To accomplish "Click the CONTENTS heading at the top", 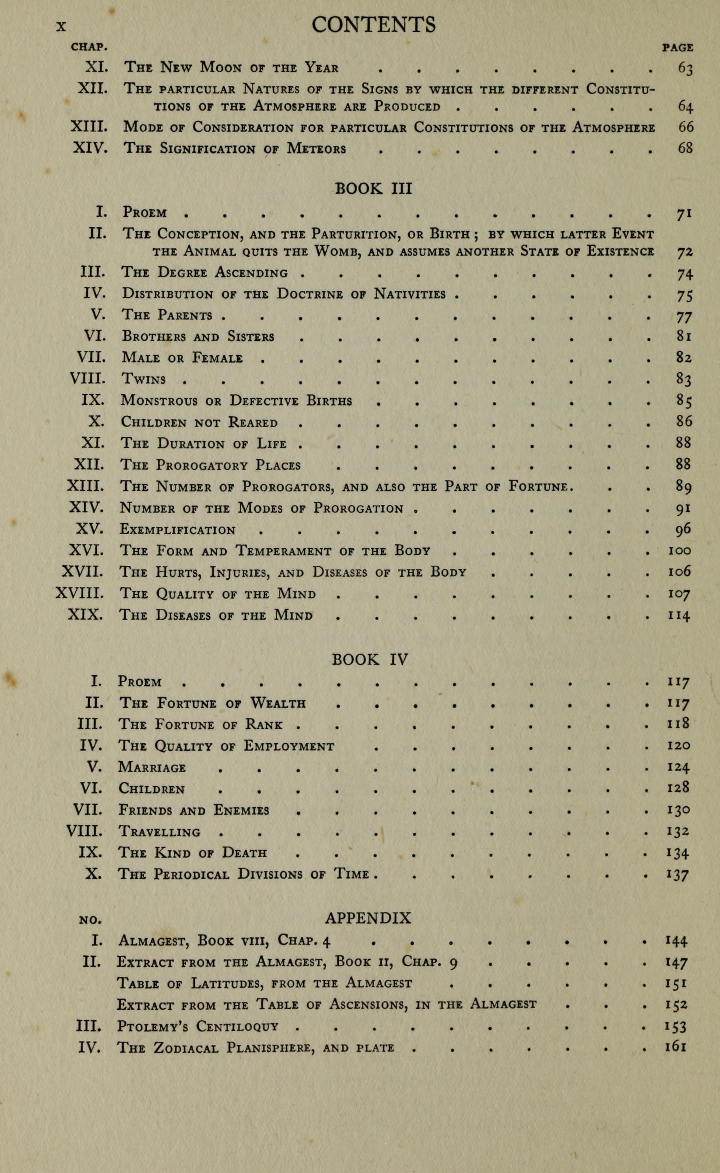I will (x=373, y=25).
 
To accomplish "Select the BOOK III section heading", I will (x=373, y=189).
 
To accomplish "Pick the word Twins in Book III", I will (x=143, y=379).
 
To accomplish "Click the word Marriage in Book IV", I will (x=152, y=767).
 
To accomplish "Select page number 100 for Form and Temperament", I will (x=679, y=551).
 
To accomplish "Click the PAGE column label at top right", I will (x=678, y=47).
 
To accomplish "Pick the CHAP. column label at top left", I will (x=89, y=47).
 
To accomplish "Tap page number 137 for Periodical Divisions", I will (x=678, y=875).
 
